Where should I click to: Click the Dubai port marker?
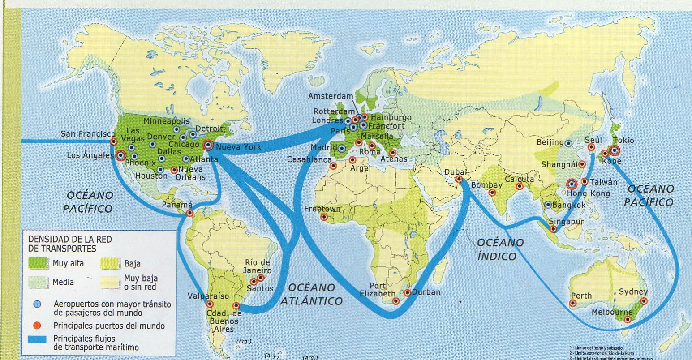click(459, 179)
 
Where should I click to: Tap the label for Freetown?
click(322, 209)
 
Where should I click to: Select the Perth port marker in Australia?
click(573, 303)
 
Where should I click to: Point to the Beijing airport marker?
click(568, 144)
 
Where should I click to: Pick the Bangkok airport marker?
click(548, 205)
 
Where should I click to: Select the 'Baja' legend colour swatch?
click(110, 263)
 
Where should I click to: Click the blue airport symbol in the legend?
click(38, 304)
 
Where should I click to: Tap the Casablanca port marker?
click(333, 166)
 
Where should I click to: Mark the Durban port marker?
click(407, 293)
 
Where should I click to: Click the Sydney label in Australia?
click(633, 292)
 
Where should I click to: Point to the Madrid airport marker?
click(342, 149)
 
